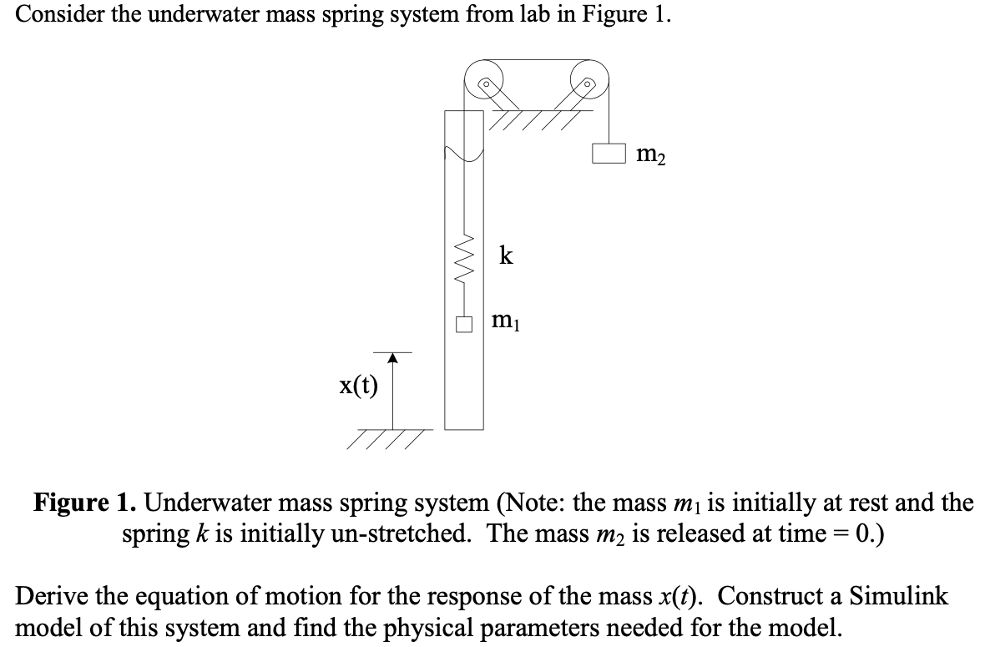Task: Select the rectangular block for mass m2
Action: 609,154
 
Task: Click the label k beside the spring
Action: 506,255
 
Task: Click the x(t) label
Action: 358,387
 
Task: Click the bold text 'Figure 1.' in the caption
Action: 86,503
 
